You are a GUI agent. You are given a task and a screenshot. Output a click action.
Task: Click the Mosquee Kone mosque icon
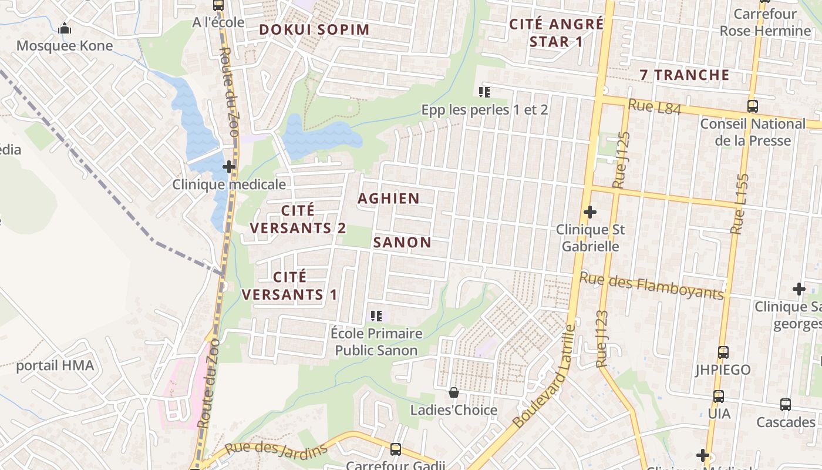65,28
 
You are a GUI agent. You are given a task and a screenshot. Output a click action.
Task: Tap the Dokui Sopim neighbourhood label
314,29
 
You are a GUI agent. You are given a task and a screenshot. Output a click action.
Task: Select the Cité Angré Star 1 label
556,33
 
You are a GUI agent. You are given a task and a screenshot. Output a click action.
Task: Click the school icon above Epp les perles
484,92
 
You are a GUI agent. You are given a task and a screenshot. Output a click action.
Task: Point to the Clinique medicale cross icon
229,167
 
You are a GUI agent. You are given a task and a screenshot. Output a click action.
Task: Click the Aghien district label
389,199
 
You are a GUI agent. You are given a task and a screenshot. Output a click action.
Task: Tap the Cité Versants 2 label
298,219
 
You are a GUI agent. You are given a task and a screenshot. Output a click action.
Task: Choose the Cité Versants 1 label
290,286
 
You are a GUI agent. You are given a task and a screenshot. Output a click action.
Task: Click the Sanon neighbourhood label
402,242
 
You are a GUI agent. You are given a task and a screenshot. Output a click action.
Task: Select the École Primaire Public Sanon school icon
376,316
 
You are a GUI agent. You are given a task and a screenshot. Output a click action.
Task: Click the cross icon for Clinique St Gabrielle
590,211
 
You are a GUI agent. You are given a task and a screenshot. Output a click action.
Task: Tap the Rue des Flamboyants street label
651,286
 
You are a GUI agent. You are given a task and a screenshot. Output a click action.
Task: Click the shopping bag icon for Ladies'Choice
453,392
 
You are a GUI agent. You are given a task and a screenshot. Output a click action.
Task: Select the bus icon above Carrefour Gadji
396,449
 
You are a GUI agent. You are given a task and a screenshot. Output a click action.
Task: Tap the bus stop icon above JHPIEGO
723,352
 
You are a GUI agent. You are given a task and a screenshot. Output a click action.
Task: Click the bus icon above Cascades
786,405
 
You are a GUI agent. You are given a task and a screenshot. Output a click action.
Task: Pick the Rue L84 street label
654,108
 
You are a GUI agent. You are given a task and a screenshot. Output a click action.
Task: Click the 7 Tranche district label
685,75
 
